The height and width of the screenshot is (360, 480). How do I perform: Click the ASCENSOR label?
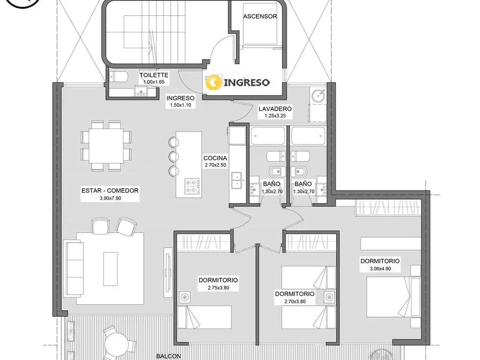click(x=260, y=16)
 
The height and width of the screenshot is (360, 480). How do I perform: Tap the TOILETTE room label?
click(x=154, y=75)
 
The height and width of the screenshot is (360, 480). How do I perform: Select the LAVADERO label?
click(x=275, y=109)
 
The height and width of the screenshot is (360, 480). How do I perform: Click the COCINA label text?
click(x=215, y=158)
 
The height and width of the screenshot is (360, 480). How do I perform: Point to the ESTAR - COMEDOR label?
click(x=110, y=190)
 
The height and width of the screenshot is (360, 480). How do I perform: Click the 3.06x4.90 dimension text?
click(x=380, y=269)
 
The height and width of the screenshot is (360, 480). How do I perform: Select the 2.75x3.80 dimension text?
click(x=218, y=288)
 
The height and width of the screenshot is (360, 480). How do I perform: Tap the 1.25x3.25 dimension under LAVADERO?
click(x=275, y=116)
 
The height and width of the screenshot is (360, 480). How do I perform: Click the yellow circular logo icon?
click(x=214, y=82)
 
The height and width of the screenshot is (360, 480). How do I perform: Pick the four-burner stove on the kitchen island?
click(x=192, y=186)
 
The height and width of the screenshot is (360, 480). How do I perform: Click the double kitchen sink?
click(x=236, y=180)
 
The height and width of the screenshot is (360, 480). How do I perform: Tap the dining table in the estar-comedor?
click(x=106, y=146)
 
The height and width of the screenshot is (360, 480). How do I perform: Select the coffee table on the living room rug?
click(x=110, y=269)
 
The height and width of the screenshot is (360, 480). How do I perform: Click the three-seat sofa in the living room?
click(x=74, y=268)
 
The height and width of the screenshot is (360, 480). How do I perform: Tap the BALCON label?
click(x=168, y=356)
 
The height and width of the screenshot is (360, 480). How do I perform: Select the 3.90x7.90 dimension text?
click(x=110, y=198)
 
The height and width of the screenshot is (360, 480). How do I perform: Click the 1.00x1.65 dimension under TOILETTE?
click(x=154, y=82)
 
